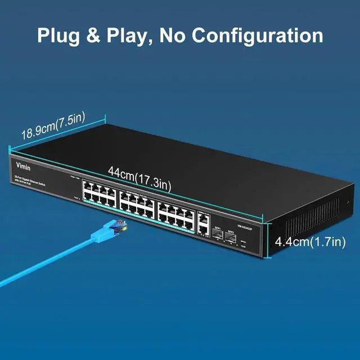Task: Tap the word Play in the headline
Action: [129, 35]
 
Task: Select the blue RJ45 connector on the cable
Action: [115, 228]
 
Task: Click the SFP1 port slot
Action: [217, 236]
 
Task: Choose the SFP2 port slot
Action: [231, 238]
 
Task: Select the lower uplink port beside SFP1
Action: [202, 228]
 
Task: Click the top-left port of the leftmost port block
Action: [86, 186]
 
